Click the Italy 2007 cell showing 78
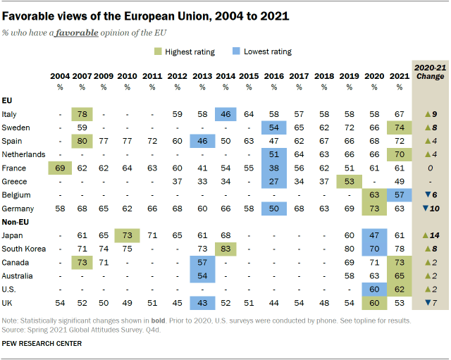pyautogui.click(x=82, y=114)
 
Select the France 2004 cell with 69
pyautogui.click(x=60, y=168)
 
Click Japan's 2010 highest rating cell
pyautogui.click(x=127, y=235)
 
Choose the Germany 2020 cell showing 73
pyautogui.click(x=376, y=209)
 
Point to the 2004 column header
pyautogui.click(x=60, y=75)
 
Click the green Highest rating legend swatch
pyautogui.click(x=160, y=51)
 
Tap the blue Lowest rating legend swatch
pyautogui.click(x=237, y=51)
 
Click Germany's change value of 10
pyautogui.click(x=429, y=209)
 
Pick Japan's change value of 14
pyautogui.click(x=429, y=235)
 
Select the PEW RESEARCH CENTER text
pyautogui.click(x=42, y=343)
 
